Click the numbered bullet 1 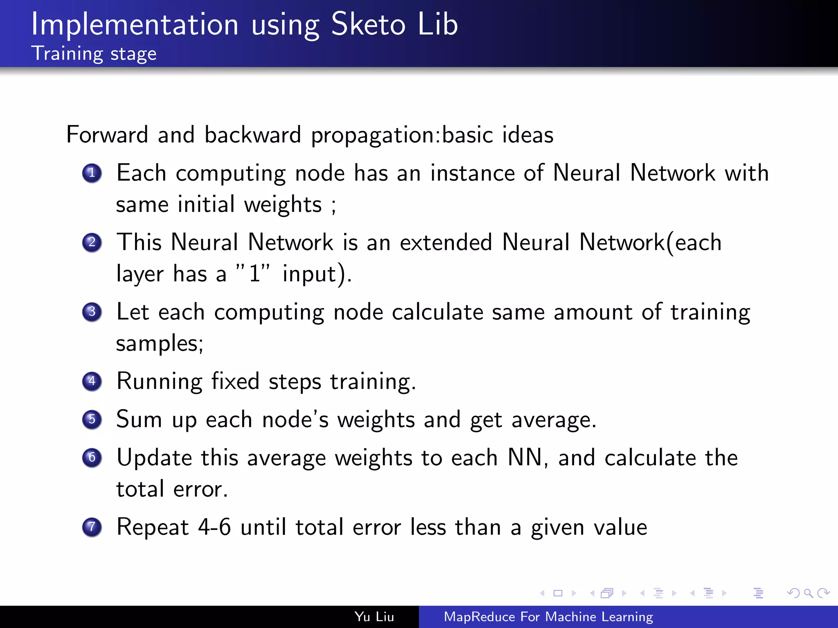pyautogui.click(x=92, y=173)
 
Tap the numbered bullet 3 pyautogui.click(x=92, y=312)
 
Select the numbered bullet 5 pyautogui.click(x=92, y=419)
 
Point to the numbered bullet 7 pyautogui.click(x=92, y=527)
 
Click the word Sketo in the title pyautogui.click(x=368, y=25)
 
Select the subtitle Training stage pyautogui.click(x=94, y=54)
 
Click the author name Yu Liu pyautogui.click(x=374, y=617)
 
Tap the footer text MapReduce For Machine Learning pyautogui.click(x=548, y=617)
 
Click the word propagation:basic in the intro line pyautogui.click(x=433, y=135)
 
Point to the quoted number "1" pyautogui.click(x=254, y=273)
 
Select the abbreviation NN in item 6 pyautogui.click(x=525, y=458)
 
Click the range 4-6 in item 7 pyautogui.click(x=214, y=527)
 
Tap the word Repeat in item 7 pyautogui.click(x=153, y=527)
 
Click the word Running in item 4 pyautogui.click(x=159, y=382)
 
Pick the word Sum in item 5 pyautogui.click(x=139, y=419)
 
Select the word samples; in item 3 pyautogui.click(x=160, y=343)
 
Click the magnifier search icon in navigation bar pyautogui.click(x=808, y=593)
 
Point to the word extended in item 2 pyautogui.click(x=446, y=242)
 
